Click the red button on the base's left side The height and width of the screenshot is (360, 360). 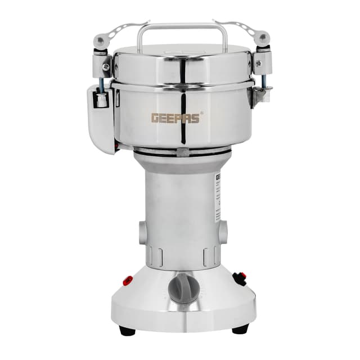click(128, 280)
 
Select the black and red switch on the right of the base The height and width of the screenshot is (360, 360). click(240, 277)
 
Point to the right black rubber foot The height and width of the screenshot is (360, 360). click(240, 330)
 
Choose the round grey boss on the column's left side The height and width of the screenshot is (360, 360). click(142, 232)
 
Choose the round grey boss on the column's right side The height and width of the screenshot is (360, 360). click(223, 231)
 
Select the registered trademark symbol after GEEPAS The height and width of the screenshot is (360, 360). click(202, 112)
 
